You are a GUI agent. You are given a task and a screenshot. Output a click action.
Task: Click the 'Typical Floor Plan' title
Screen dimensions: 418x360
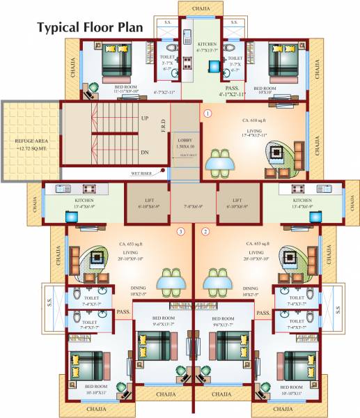90,28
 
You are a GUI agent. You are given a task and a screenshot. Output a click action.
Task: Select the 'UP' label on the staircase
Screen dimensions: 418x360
145,118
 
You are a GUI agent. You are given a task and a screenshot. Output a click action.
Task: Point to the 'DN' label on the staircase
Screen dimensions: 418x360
145,152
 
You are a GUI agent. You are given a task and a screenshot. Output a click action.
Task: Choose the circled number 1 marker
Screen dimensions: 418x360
207,112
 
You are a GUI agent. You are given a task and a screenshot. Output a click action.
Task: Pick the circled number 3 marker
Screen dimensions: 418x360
180,231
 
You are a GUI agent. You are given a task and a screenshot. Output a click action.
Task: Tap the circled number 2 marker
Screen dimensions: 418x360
205,231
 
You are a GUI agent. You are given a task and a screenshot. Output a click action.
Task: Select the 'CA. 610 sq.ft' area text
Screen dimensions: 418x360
256,121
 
